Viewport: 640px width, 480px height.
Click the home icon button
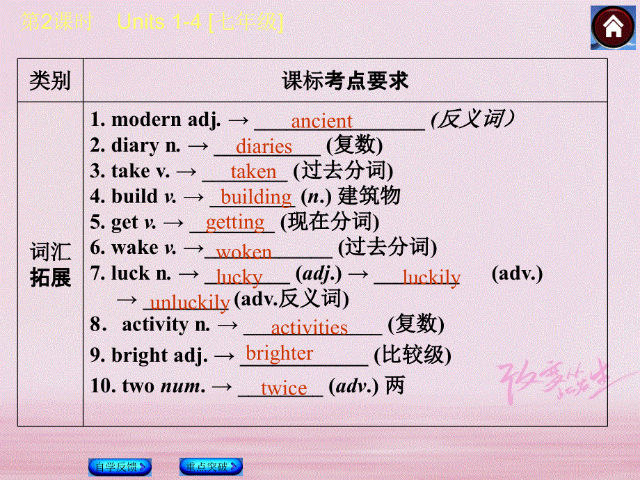612,27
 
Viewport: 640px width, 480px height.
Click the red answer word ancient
321,122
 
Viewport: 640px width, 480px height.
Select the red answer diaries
264,147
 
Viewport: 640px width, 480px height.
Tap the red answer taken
253,172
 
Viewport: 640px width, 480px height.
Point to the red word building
256,198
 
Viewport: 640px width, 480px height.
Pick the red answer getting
235,223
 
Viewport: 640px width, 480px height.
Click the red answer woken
243,250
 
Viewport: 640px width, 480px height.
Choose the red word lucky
239,277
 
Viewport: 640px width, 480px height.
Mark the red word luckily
431,278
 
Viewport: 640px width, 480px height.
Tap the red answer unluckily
189,302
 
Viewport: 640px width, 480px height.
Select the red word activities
309,328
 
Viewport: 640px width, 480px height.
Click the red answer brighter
280,353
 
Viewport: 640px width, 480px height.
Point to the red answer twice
284,388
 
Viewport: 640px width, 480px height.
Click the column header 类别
50,81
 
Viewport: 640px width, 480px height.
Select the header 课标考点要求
345,81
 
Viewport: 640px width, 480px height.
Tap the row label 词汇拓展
50,265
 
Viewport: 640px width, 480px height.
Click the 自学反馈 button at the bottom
120,467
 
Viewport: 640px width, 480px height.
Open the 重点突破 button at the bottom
211,467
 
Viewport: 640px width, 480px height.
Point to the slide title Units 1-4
160,22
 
